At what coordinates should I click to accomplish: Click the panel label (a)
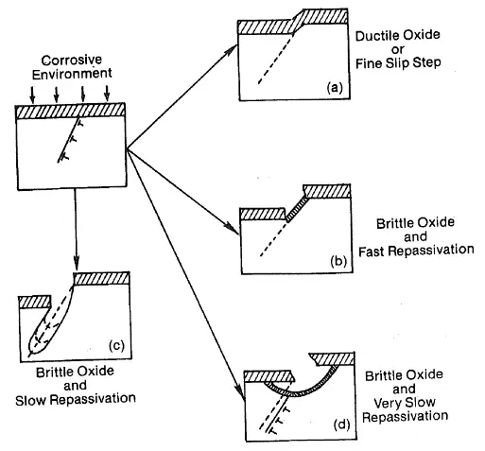click(x=335, y=87)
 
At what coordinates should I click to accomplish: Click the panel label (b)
click(x=338, y=261)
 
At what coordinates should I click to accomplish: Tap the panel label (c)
click(x=116, y=345)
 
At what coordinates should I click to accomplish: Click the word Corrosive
click(x=72, y=60)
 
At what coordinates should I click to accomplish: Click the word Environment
click(x=72, y=74)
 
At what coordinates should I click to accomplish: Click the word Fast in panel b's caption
click(x=372, y=252)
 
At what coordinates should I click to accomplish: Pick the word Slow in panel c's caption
click(x=31, y=400)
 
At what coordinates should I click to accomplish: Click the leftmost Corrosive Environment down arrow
click(x=32, y=95)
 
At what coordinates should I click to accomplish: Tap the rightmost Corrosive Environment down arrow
click(x=107, y=94)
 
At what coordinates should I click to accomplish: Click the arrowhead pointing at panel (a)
click(x=233, y=50)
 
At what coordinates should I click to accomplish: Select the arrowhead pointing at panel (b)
click(x=233, y=230)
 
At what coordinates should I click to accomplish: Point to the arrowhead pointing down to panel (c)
click(x=76, y=263)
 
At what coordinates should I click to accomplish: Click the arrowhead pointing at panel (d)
click(x=242, y=395)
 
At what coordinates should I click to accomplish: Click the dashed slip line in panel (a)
click(x=276, y=59)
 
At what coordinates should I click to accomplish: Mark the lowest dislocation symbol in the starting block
click(x=64, y=157)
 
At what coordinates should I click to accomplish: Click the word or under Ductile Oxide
click(x=397, y=50)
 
